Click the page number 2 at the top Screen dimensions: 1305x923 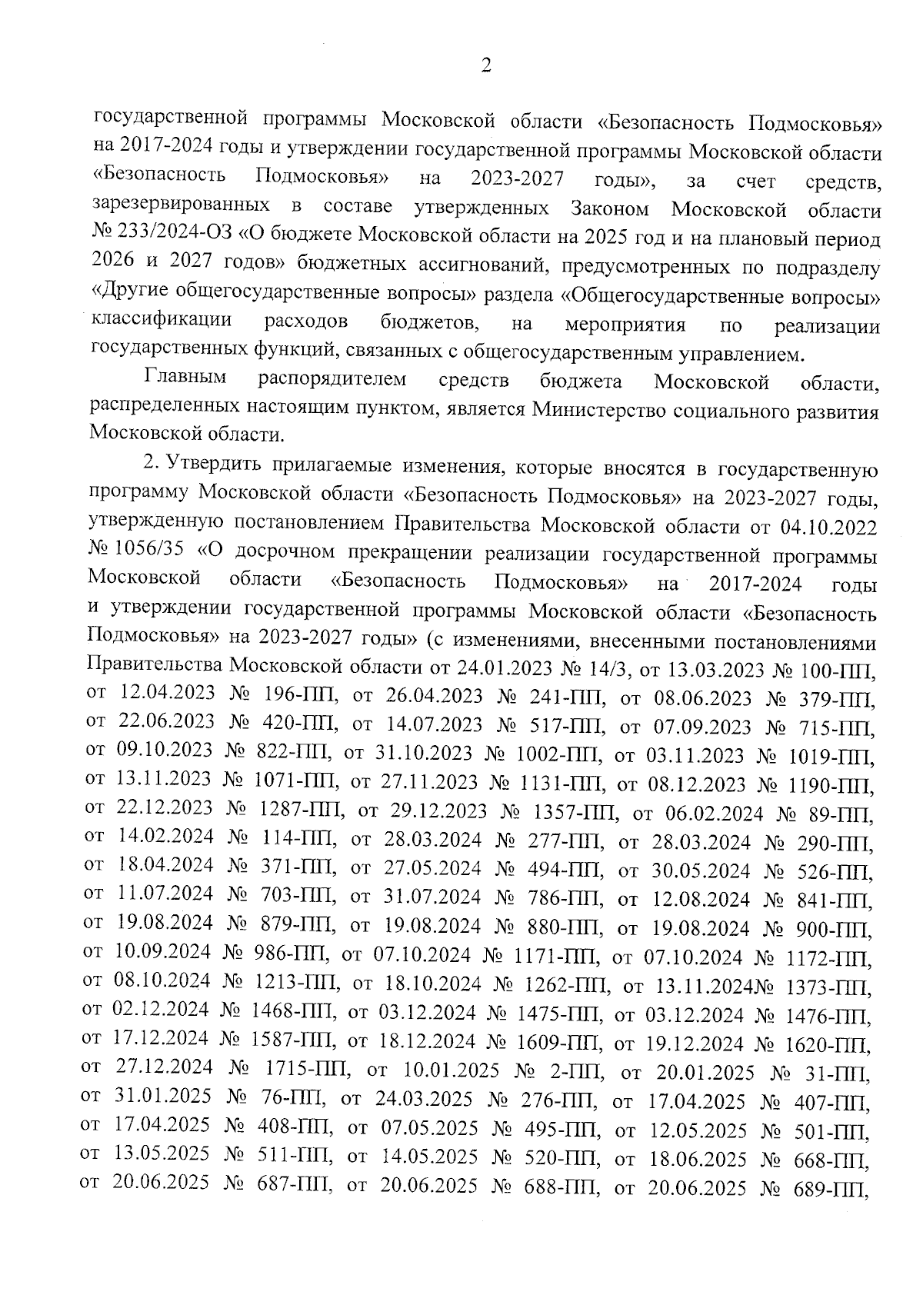[x=485, y=67]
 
